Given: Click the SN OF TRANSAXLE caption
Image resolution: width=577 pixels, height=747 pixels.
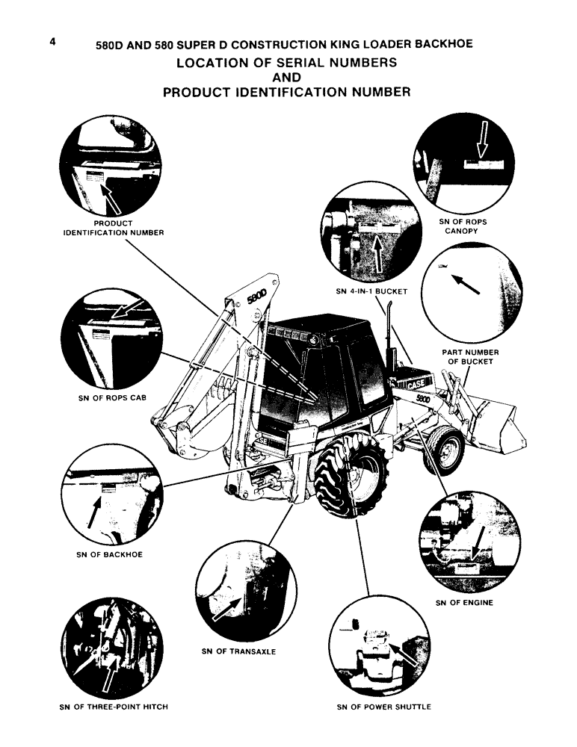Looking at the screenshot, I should [238, 651].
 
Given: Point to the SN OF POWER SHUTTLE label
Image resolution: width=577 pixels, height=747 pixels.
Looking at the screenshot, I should [385, 707].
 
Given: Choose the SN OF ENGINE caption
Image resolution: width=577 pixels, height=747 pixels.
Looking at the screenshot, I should [464, 603].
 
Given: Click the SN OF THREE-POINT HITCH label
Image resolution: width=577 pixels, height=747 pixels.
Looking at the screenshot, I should [113, 707].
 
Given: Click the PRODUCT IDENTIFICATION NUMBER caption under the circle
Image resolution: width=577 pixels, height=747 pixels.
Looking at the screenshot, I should [113, 228].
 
